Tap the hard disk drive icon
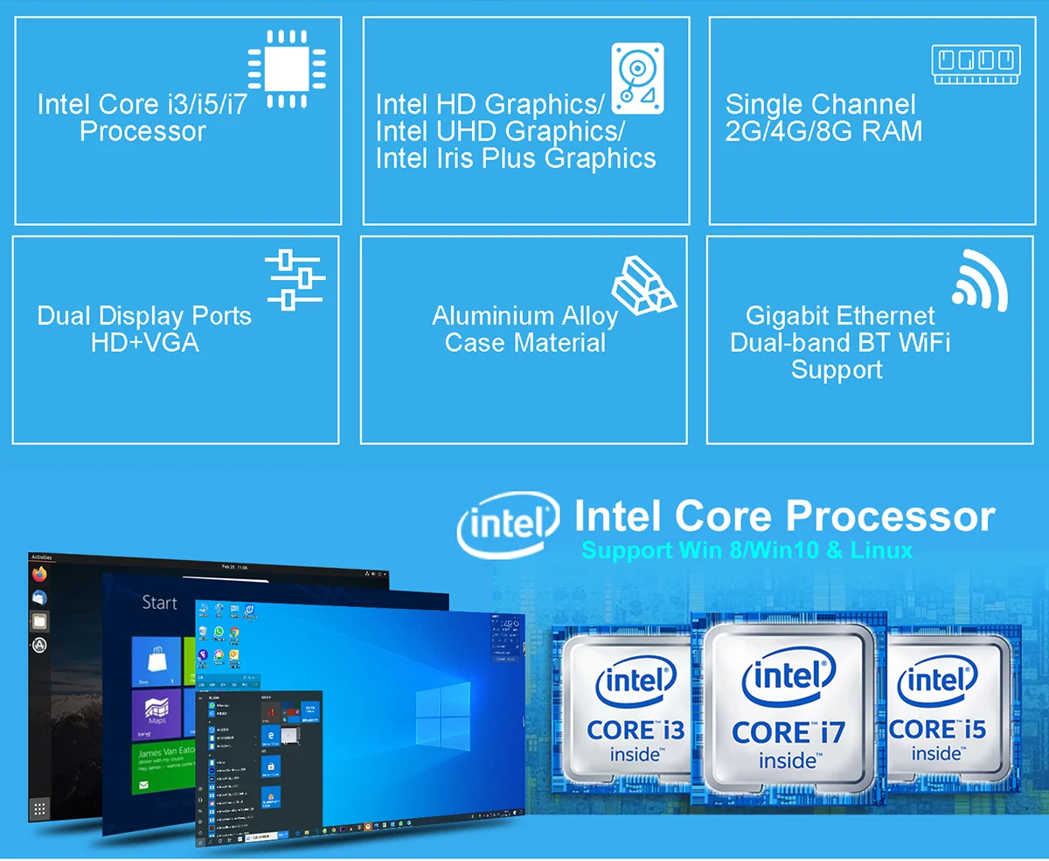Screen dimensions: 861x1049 pos(636,78)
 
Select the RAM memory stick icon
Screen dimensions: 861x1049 pos(976,64)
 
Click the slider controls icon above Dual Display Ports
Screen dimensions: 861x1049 pos(295,279)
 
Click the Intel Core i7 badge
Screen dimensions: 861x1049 pos(788,705)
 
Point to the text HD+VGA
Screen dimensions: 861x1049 pos(144,342)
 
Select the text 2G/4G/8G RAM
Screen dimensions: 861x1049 pos(823,131)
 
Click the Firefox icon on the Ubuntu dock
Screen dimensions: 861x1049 pos(39,575)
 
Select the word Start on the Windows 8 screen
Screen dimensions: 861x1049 pos(159,603)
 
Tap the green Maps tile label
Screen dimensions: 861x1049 pos(156,721)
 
